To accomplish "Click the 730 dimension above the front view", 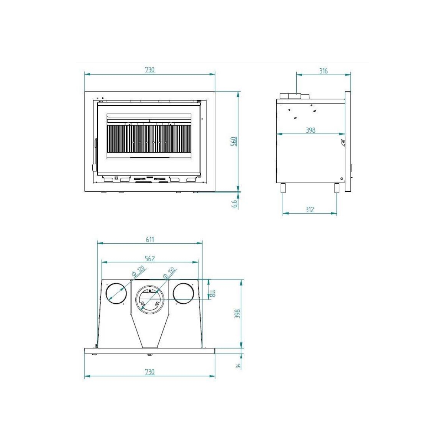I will pos(149,70).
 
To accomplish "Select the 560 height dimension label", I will pos(234,141).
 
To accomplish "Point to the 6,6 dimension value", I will pos(234,203).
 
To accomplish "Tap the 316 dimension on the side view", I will pos(323,71).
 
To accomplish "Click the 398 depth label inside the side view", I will pos(310,130).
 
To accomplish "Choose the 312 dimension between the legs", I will pos(310,210).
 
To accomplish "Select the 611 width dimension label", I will pos(149,240).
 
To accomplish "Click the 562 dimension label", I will pos(149,258).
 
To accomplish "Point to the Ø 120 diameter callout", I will pos(138,271).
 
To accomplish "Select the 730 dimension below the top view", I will pos(149,372).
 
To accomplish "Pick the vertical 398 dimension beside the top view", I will pos(238,314).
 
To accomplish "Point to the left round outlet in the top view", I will pos(116,293).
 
